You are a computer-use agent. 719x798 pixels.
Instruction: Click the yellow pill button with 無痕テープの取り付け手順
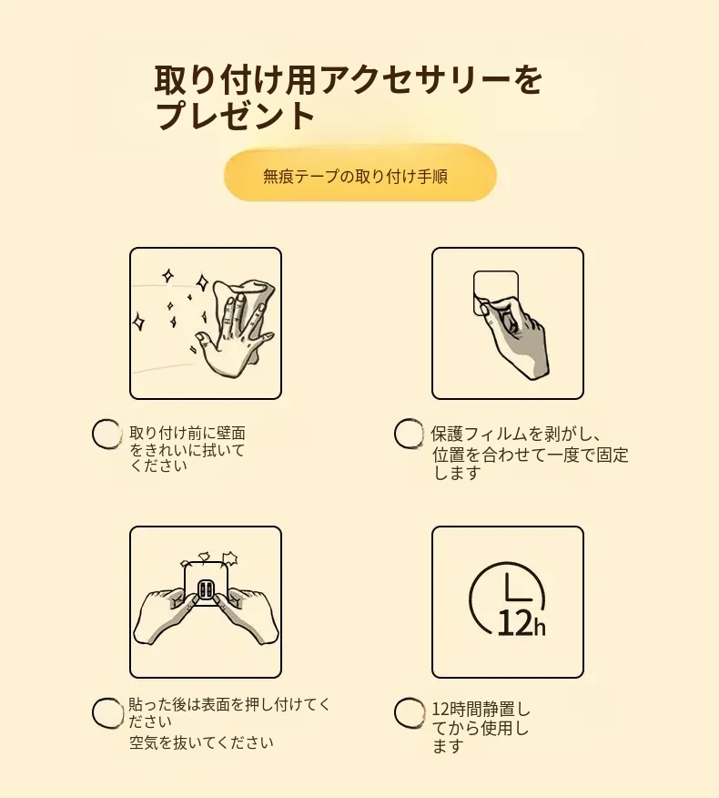pos(360,176)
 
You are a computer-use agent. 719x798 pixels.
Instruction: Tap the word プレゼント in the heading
pos(235,116)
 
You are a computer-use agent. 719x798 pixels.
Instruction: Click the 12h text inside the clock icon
pos(522,622)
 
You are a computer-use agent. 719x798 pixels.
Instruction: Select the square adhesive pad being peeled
pos(495,292)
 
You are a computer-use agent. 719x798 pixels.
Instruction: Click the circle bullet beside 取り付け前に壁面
pos(106,435)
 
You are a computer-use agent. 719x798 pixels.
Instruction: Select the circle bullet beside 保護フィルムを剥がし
pos(409,434)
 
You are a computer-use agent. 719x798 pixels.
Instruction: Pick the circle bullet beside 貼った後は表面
pos(107,712)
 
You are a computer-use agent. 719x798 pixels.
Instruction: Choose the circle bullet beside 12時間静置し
pos(410,712)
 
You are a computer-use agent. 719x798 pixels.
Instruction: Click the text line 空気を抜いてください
pos(201,742)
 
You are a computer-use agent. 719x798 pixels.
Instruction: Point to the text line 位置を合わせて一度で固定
pos(531,455)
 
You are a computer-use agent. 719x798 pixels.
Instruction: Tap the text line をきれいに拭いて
pos(187,450)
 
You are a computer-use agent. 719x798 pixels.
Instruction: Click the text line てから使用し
pos(480,728)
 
